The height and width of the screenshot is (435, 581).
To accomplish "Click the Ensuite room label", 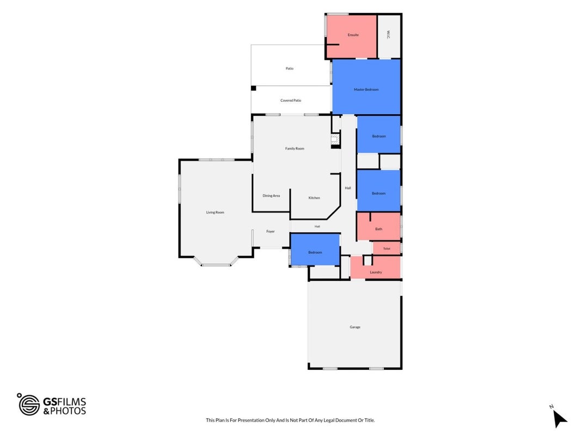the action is point(353,35).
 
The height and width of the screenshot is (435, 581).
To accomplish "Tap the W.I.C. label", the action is point(388,35).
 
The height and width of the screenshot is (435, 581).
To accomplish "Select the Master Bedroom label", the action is point(366,90).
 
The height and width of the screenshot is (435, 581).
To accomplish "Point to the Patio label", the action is point(289,69).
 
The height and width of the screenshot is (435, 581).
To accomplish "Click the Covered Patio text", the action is point(291,100).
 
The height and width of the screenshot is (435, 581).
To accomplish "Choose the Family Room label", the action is point(295,148).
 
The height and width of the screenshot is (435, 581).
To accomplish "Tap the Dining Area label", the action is point(271,196).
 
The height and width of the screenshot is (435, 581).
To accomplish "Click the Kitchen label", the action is point(314,198).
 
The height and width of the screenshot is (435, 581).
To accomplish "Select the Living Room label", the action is point(215,212).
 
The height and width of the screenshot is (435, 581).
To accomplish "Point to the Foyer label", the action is point(271,231).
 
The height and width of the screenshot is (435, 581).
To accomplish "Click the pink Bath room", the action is point(378,226).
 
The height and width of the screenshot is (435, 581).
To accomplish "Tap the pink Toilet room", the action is point(387,248).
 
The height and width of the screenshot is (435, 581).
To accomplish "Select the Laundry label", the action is point(376,272).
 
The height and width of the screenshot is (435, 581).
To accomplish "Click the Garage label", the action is point(355,327).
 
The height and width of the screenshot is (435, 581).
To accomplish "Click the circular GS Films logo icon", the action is point(29,405).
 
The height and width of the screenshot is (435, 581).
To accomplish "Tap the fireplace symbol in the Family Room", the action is point(335,140).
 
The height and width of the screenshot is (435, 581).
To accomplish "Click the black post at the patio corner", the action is point(253,88).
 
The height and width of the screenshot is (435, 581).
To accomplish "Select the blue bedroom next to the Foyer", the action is point(315,250).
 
